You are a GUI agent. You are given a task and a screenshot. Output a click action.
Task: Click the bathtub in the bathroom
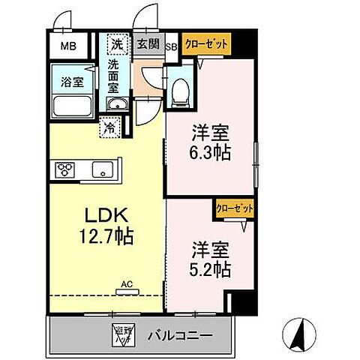pos(72,104)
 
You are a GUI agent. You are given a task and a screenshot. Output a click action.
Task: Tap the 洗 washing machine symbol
pos(117,44)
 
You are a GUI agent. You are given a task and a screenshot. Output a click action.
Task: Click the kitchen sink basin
pos(102,169)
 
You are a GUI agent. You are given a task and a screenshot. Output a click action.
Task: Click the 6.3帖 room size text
pos(209,151)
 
